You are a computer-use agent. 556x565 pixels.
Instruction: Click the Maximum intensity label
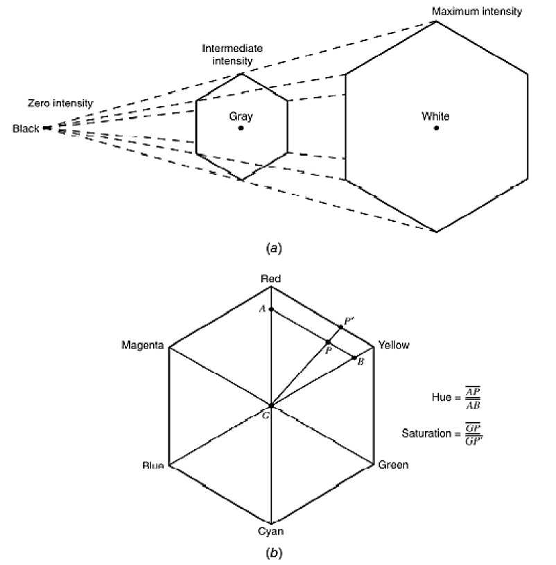[x=477, y=12]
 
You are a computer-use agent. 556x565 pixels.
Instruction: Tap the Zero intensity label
[x=60, y=103]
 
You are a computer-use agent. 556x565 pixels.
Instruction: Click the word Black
[x=26, y=128]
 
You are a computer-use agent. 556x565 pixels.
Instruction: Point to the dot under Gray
[x=241, y=128]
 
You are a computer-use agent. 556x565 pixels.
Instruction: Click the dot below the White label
[x=436, y=128]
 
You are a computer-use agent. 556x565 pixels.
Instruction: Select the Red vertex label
[x=270, y=279]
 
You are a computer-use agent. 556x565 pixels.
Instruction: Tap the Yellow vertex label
[x=394, y=345]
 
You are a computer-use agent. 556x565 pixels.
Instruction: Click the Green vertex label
[x=393, y=464]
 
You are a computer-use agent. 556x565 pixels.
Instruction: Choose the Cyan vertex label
[x=270, y=532]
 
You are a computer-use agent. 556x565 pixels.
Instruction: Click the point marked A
[x=271, y=309]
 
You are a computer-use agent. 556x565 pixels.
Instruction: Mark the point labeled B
[x=354, y=358]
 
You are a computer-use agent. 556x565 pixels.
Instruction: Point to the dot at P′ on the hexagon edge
[x=340, y=327]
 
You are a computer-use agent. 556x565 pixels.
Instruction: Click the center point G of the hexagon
[x=270, y=406]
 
